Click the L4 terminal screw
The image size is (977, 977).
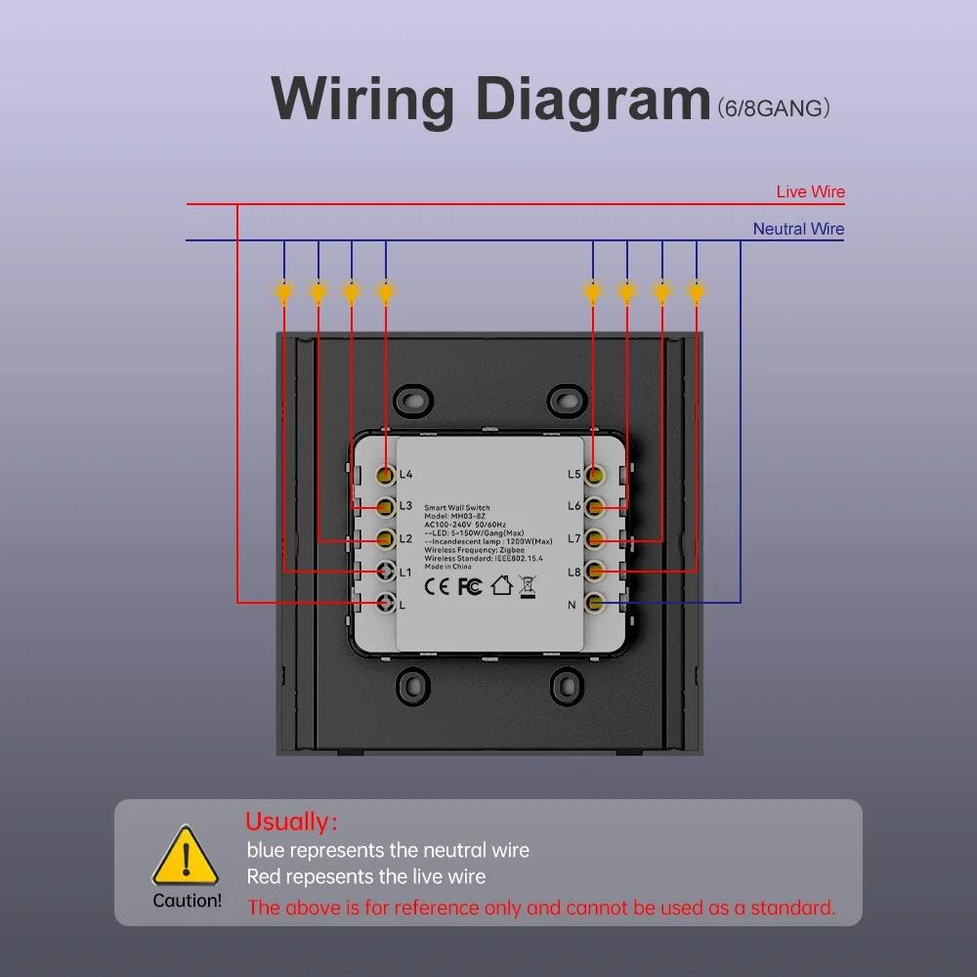pyautogui.click(x=386, y=475)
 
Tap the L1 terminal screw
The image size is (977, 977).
pyautogui.click(x=386, y=571)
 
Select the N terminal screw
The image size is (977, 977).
pyautogui.click(x=594, y=603)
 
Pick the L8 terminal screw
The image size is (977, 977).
pyautogui.click(x=594, y=571)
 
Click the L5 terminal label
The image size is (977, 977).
pyautogui.click(x=573, y=474)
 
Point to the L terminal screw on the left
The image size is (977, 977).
pyautogui.click(x=386, y=603)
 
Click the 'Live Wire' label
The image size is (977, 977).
pyautogui.click(x=810, y=191)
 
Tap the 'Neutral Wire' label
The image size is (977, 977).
pyautogui.click(x=798, y=229)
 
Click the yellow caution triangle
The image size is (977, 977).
pyautogui.click(x=186, y=856)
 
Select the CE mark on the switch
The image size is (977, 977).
pyautogui.click(x=436, y=586)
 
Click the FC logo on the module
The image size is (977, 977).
pyautogui.click(x=470, y=586)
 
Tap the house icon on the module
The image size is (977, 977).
pyautogui.click(x=501, y=585)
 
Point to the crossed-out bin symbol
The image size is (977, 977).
pyautogui.click(x=528, y=587)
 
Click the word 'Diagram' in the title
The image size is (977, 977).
pyautogui.click(x=593, y=100)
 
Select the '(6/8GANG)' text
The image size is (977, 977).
pyautogui.click(x=773, y=107)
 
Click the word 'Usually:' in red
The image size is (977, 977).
pyautogui.click(x=291, y=822)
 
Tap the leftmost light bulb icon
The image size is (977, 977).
pyautogui.click(x=284, y=291)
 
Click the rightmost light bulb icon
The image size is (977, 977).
pyautogui.click(x=696, y=291)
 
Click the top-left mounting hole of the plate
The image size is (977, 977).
pyautogui.click(x=412, y=400)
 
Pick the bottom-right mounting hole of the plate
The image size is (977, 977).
pyautogui.click(x=567, y=687)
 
